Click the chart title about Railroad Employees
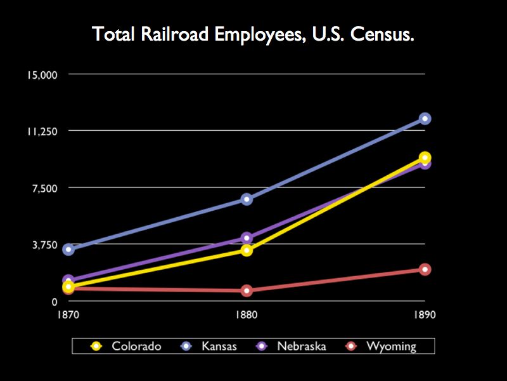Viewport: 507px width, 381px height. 253,34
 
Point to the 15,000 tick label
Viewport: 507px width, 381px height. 42,75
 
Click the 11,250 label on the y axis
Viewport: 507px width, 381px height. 42,131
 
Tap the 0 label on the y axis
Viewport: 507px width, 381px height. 55,301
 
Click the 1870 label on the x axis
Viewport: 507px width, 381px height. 68,315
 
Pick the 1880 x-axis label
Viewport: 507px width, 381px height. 247,315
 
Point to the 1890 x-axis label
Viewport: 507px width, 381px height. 425,315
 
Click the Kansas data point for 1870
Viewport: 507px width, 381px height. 68,250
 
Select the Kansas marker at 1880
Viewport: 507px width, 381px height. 247,199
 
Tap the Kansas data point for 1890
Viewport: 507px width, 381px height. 425,119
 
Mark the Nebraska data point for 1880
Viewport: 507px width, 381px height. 247,238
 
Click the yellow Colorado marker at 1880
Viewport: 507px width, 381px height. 247,250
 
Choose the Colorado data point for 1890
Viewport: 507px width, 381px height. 425,157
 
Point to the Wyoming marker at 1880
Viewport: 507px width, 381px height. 247,291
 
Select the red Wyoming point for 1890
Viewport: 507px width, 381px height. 425,269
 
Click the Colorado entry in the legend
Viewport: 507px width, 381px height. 127,346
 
